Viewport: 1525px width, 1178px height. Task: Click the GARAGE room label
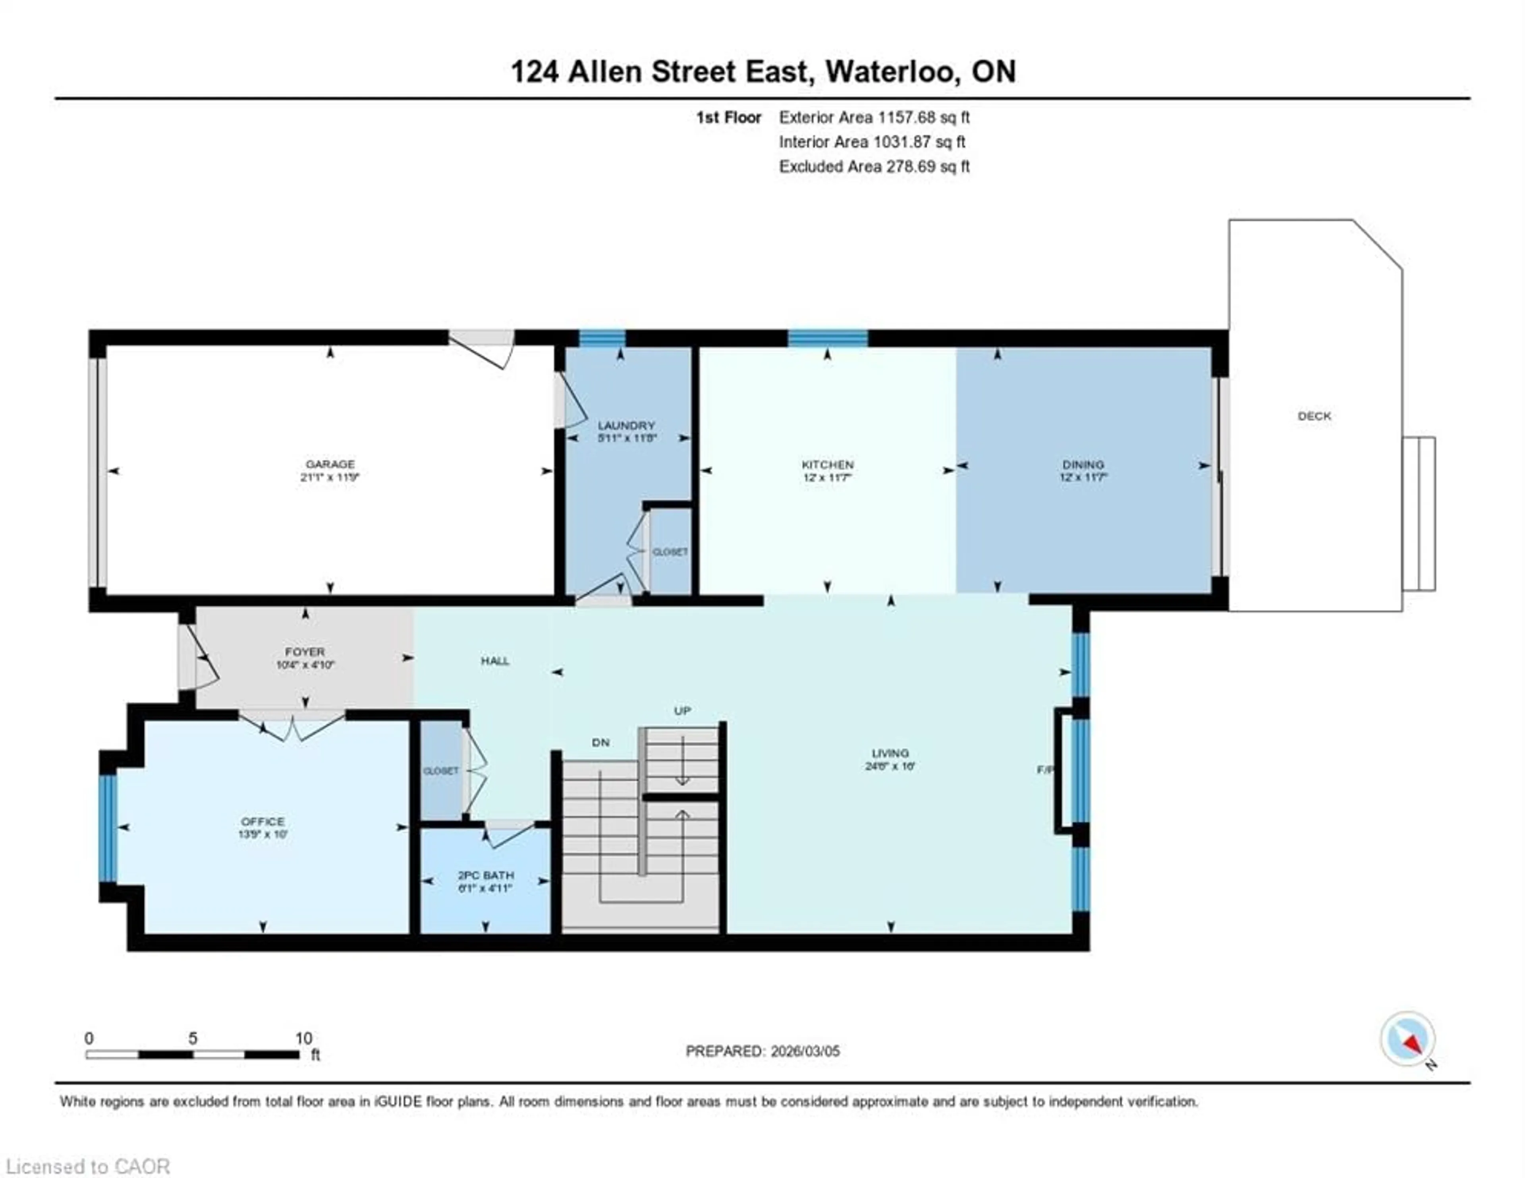(x=330, y=464)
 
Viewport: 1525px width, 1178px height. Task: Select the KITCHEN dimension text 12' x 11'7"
(x=828, y=478)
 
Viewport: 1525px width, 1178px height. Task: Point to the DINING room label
(x=1083, y=465)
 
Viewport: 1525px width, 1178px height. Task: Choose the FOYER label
(x=305, y=652)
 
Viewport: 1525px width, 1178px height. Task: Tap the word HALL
(x=495, y=661)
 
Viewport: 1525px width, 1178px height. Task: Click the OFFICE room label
(x=263, y=821)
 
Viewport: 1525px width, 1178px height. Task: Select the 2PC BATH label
(x=485, y=875)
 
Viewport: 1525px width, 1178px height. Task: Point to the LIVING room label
(x=890, y=753)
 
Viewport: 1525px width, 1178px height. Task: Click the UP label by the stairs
(x=682, y=711)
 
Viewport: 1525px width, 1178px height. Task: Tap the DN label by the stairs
(x=600, y=742)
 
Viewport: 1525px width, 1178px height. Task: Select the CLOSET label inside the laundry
(x=670, y=551)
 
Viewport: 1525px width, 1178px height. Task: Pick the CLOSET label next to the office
(x=440, y=771)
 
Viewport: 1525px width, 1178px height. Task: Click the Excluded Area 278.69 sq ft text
(x=874, y=167)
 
